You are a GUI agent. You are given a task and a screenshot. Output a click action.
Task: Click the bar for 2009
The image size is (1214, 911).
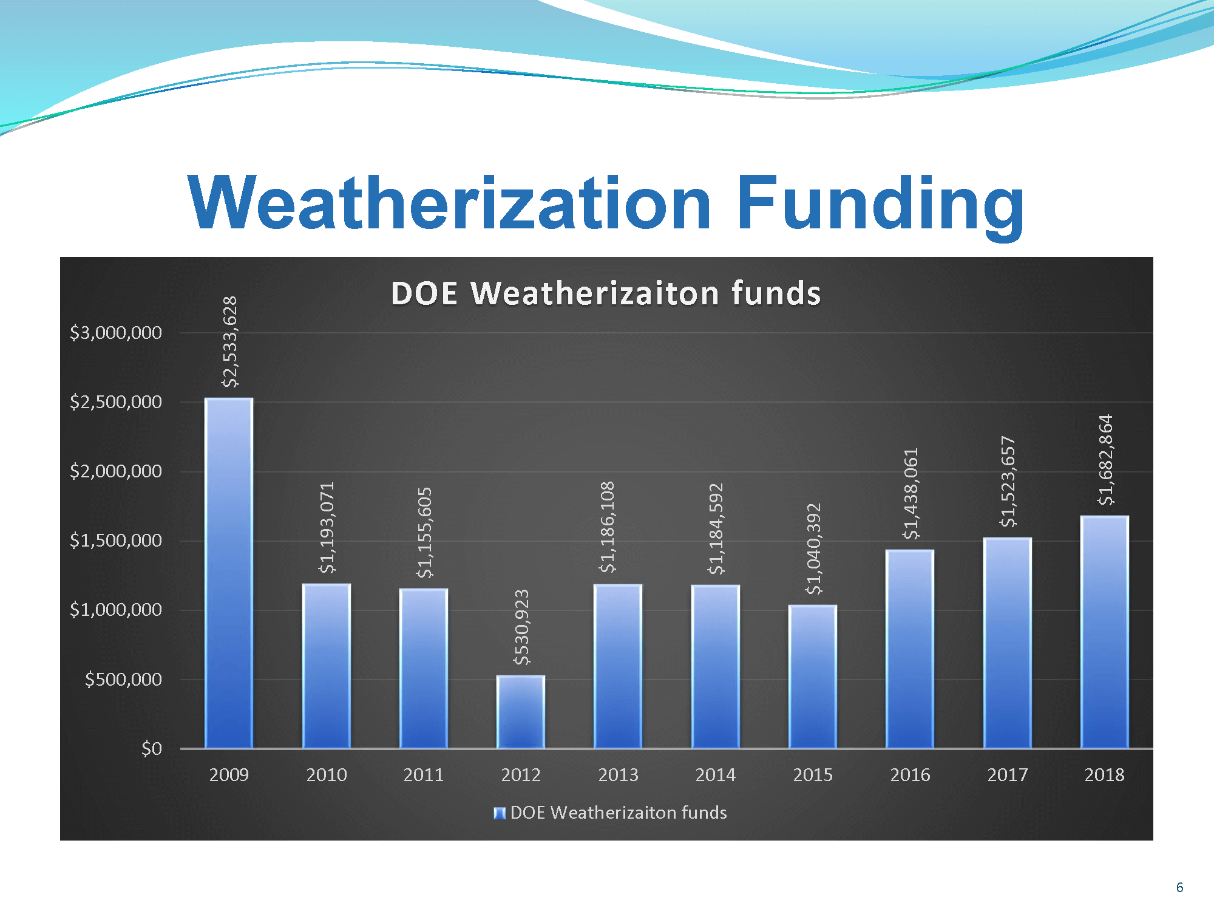[229, 573]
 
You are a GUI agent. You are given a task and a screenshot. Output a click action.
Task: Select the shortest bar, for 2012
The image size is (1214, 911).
[521, 712]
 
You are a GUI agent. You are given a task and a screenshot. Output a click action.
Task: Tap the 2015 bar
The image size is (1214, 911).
[813, 677]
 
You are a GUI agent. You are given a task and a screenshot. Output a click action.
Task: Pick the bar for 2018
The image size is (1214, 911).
[1105, 632]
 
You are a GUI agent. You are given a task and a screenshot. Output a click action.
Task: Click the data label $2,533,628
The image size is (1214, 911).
[229, 342]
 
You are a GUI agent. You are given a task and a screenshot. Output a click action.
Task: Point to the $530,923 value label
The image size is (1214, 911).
[521, 627]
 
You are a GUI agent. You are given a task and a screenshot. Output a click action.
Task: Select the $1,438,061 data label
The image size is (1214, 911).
[910, 494]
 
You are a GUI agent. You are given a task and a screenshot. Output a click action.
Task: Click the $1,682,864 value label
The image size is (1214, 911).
[1105, 460]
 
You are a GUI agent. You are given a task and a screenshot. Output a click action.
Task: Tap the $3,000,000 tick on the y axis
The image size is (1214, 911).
[116, 333]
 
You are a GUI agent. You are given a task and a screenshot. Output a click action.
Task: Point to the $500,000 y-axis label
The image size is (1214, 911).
[123, 680]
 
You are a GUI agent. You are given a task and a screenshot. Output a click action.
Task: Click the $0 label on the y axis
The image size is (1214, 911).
[152, 749]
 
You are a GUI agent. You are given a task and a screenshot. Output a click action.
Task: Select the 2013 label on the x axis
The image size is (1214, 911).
[618, 775]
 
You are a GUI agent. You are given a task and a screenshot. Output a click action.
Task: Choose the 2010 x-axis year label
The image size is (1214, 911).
[327, 775]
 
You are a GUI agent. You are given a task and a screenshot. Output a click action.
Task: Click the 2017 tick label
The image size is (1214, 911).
[1008, 775]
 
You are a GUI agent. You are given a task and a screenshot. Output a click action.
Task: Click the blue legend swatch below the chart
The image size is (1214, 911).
[500, 813]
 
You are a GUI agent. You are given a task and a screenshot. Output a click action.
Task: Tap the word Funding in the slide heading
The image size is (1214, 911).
[881, 205]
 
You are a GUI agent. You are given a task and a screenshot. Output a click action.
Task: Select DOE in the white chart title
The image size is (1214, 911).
[424, 293]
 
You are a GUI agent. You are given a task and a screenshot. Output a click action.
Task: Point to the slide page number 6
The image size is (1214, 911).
[1180, 887]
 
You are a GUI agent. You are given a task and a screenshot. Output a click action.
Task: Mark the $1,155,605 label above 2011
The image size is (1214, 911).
[424, 533]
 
